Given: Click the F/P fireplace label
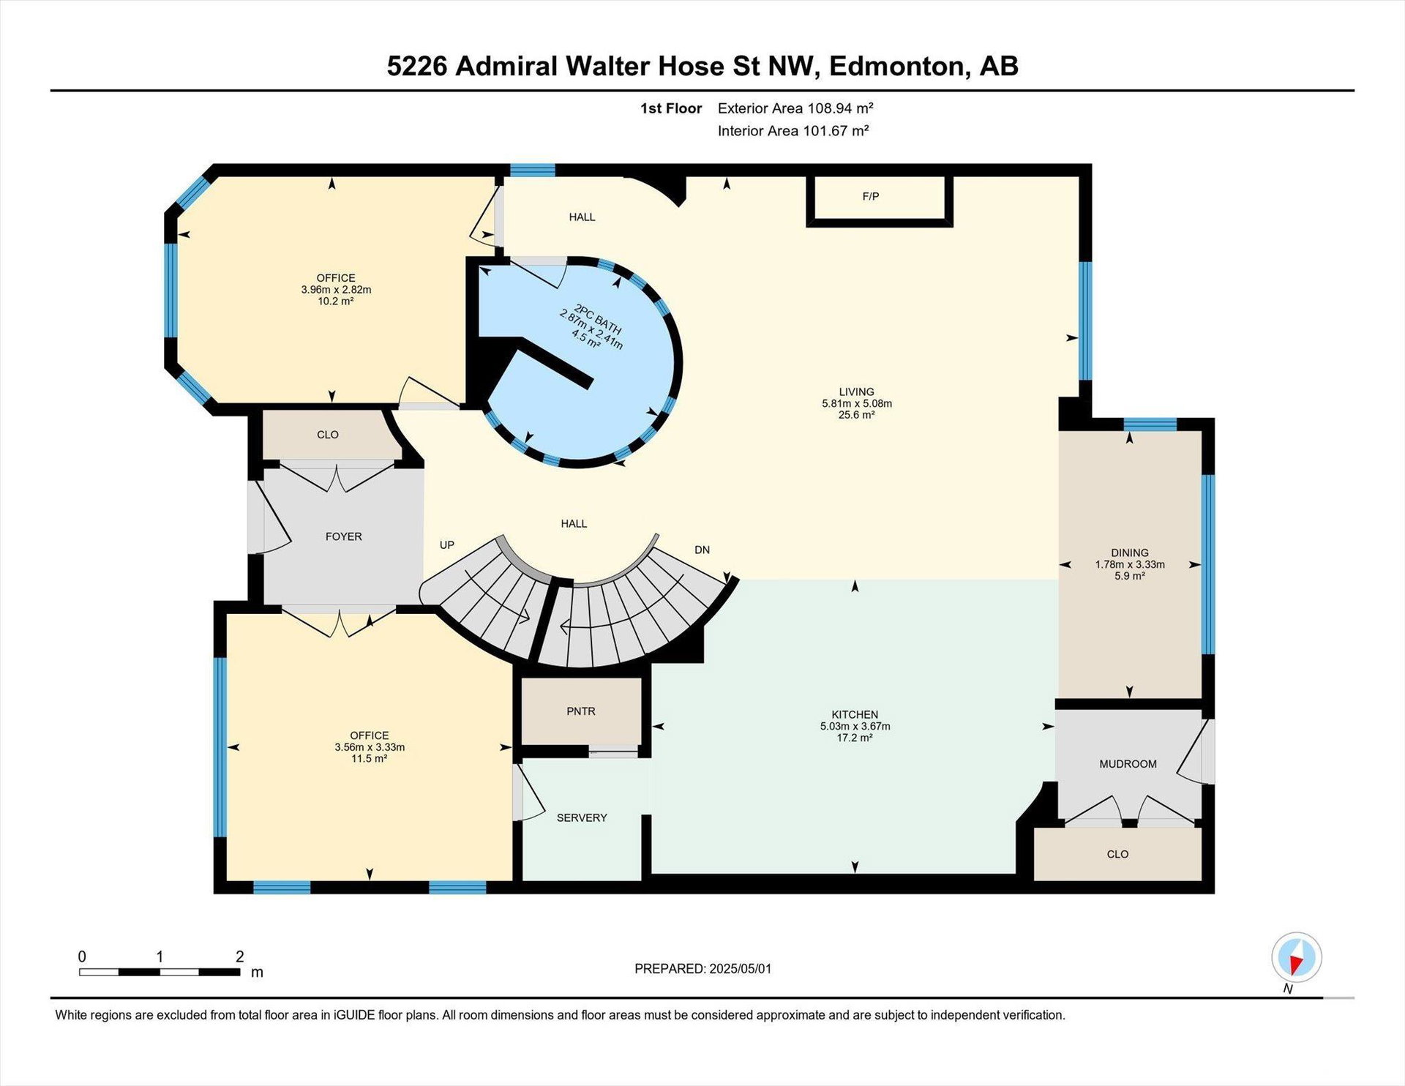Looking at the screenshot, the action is click(x=870, y=196).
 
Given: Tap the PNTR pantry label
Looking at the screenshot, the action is click(x=581, y=711).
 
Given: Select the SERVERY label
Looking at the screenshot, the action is click(x=582, y=817).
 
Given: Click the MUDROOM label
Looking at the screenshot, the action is click(x=1128, y=764).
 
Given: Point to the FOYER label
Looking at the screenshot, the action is click(x=343, y=536).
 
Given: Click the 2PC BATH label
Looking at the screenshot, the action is click(x=598, y=320).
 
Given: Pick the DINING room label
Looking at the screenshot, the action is click(x=1130, y=553).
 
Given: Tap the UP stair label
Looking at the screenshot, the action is click(x=447, y=544).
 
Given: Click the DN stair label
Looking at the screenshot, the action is click(x=702, y=550).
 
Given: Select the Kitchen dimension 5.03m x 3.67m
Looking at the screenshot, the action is click(x=855, y=727).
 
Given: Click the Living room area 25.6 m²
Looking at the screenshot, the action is click(x=856, y=415).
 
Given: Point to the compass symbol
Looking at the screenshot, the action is click(x=1297, y=957).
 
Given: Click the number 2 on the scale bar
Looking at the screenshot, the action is click(x=239, y=956).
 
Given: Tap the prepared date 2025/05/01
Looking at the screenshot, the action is click(x=740, y=968).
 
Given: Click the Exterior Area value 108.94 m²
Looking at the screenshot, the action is click(x=840, y=108).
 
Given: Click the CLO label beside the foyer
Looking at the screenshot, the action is click(x=328, y=435).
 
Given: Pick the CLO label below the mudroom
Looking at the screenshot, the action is click(x=1117, y=854).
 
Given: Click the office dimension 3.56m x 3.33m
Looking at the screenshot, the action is click(x=370, y=747).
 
